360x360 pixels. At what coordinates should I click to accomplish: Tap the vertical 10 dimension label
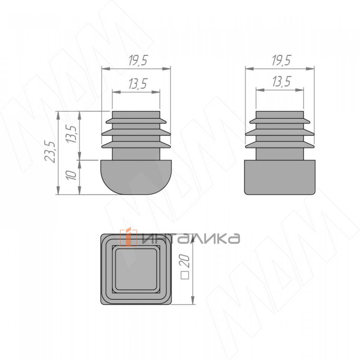pyautogui.click(x=72, y=175)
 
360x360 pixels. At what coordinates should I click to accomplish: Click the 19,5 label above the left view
pyautogui.click(x=139, y=60)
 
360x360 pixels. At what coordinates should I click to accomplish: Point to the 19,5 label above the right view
pyautogui.click(x=281, y=60)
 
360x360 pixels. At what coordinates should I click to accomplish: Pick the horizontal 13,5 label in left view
pyautogui.click(x=138, y=83)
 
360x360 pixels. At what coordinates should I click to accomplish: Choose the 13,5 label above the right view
pyautogui.click(x=282, y=82)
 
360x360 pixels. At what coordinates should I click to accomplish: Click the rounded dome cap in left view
pyautogui.click(x=136, y=177)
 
